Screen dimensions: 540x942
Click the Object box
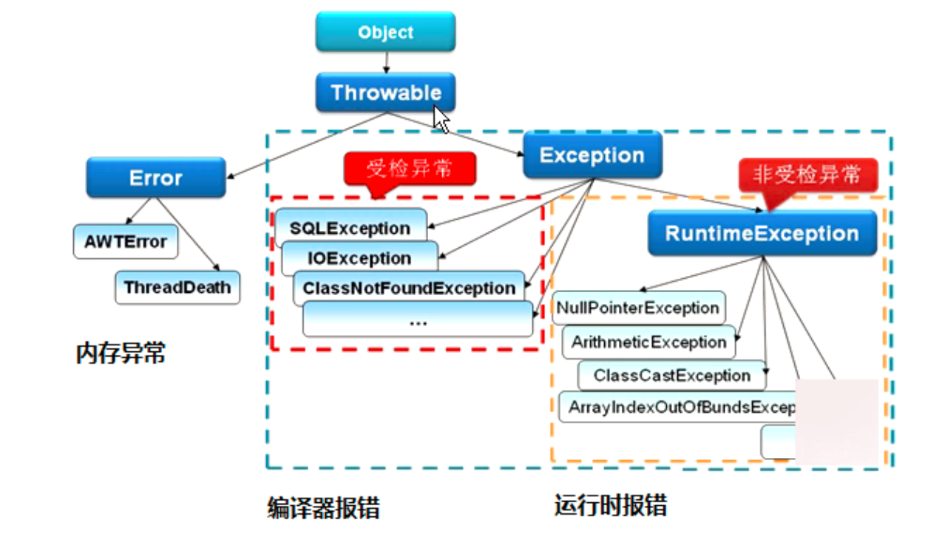pos(385,33)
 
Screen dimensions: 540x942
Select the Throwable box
pos(385,92)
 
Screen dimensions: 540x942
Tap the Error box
pos(155,178)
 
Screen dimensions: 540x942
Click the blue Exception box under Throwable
pos(592,155)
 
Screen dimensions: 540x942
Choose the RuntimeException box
pos(762,234)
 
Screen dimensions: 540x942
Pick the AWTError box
pos(125,242)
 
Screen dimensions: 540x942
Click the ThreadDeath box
pos(177,287)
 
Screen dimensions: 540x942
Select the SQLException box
pos(350,226)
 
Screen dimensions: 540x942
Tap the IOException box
pos(359,258)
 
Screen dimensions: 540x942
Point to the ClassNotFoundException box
pos(409,288)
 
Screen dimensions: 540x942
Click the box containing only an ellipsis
pos(418,321)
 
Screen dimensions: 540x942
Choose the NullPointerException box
pos(638,308)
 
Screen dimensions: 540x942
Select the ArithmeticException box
pos(648,342)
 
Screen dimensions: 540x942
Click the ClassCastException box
pos(671,375)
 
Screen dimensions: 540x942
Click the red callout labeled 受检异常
pos(410,170)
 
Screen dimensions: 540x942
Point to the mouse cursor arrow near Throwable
pos(441,118)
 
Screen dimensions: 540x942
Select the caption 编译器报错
pos(323,507)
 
